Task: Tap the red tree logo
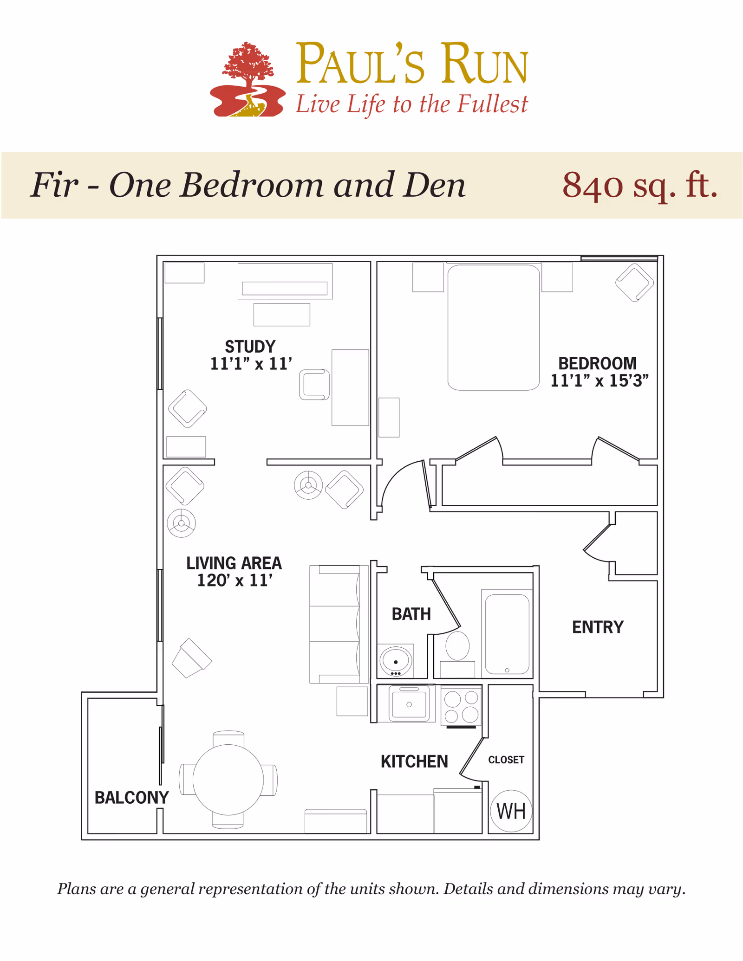pos(248,79)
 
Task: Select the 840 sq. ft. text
pos(640,185)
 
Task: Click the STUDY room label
pos(250,347)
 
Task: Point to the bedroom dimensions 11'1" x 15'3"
pos(599,381)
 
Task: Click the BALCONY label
pos(131,797)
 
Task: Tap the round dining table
pos(228,780)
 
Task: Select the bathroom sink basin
pos(396,660)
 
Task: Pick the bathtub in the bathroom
pos(507,634)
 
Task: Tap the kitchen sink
pos(409,704)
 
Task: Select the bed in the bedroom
pos(493,327)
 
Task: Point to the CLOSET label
pos(506,760)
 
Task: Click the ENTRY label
pos(598,627)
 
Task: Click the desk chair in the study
pos(314,385)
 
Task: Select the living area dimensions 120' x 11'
pos(235,580)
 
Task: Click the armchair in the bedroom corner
pos(634,282)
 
